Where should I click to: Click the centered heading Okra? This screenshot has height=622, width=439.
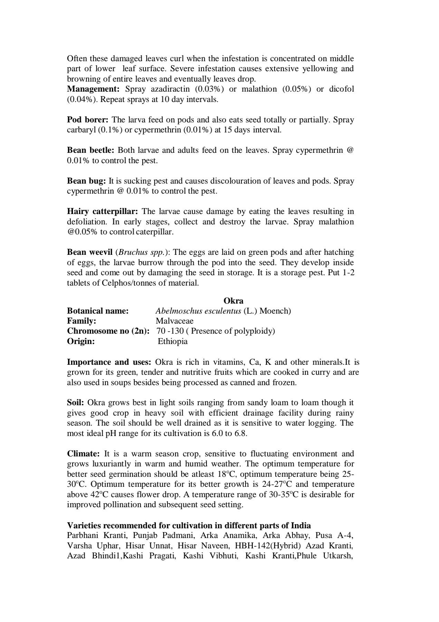233,300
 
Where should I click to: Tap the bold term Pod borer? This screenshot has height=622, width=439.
88,120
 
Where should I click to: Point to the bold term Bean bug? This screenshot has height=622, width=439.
86,181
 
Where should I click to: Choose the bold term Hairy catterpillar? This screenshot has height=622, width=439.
103,211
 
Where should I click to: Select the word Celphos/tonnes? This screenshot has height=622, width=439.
130,283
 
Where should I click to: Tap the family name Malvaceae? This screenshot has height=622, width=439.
174,321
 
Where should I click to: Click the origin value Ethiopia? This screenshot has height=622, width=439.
173,341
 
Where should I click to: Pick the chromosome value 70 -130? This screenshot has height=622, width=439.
170,331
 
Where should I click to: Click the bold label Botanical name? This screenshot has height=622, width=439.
98,311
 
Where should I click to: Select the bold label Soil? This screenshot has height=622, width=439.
76,402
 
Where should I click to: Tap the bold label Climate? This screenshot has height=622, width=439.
83,454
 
